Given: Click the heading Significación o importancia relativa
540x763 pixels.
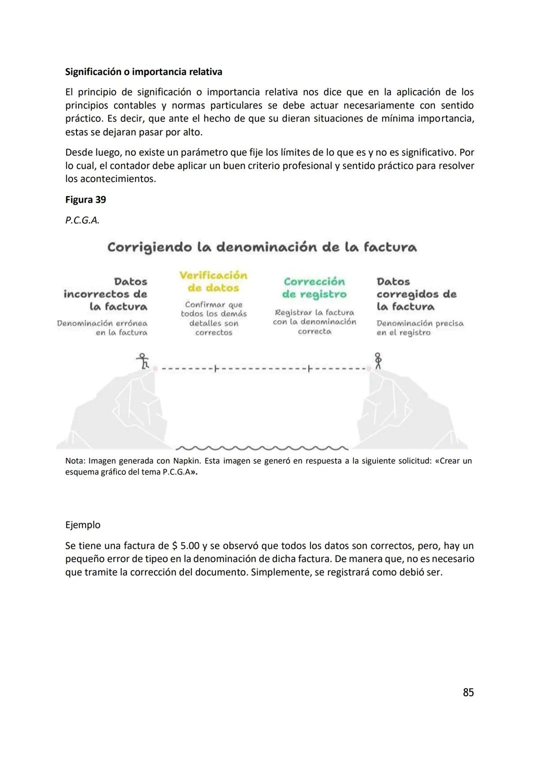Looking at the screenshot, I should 143,71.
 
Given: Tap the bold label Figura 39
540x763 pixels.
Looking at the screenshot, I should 85,199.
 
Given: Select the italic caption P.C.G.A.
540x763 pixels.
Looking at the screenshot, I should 82,220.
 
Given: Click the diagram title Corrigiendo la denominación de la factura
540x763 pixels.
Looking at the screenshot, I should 262,247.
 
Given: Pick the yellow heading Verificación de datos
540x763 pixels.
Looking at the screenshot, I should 213,281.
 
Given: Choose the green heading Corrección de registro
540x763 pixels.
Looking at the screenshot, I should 314,288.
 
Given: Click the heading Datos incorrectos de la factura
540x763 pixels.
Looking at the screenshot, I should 106,294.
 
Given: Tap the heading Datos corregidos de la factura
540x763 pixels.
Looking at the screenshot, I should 416,294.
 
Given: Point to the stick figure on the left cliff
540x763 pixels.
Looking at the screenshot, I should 143,361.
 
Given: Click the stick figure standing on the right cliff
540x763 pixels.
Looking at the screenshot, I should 378,360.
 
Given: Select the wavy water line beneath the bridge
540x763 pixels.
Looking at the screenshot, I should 262,447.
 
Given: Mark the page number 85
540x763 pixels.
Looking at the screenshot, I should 468,692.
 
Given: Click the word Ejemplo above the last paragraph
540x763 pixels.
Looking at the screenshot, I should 83,525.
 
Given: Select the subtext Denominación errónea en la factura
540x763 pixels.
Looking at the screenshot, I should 103,328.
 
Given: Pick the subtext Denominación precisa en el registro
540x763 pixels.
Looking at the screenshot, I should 419,328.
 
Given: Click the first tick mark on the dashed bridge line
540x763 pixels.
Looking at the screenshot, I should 215,369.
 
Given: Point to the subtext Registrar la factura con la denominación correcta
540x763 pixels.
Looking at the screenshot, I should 314,321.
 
